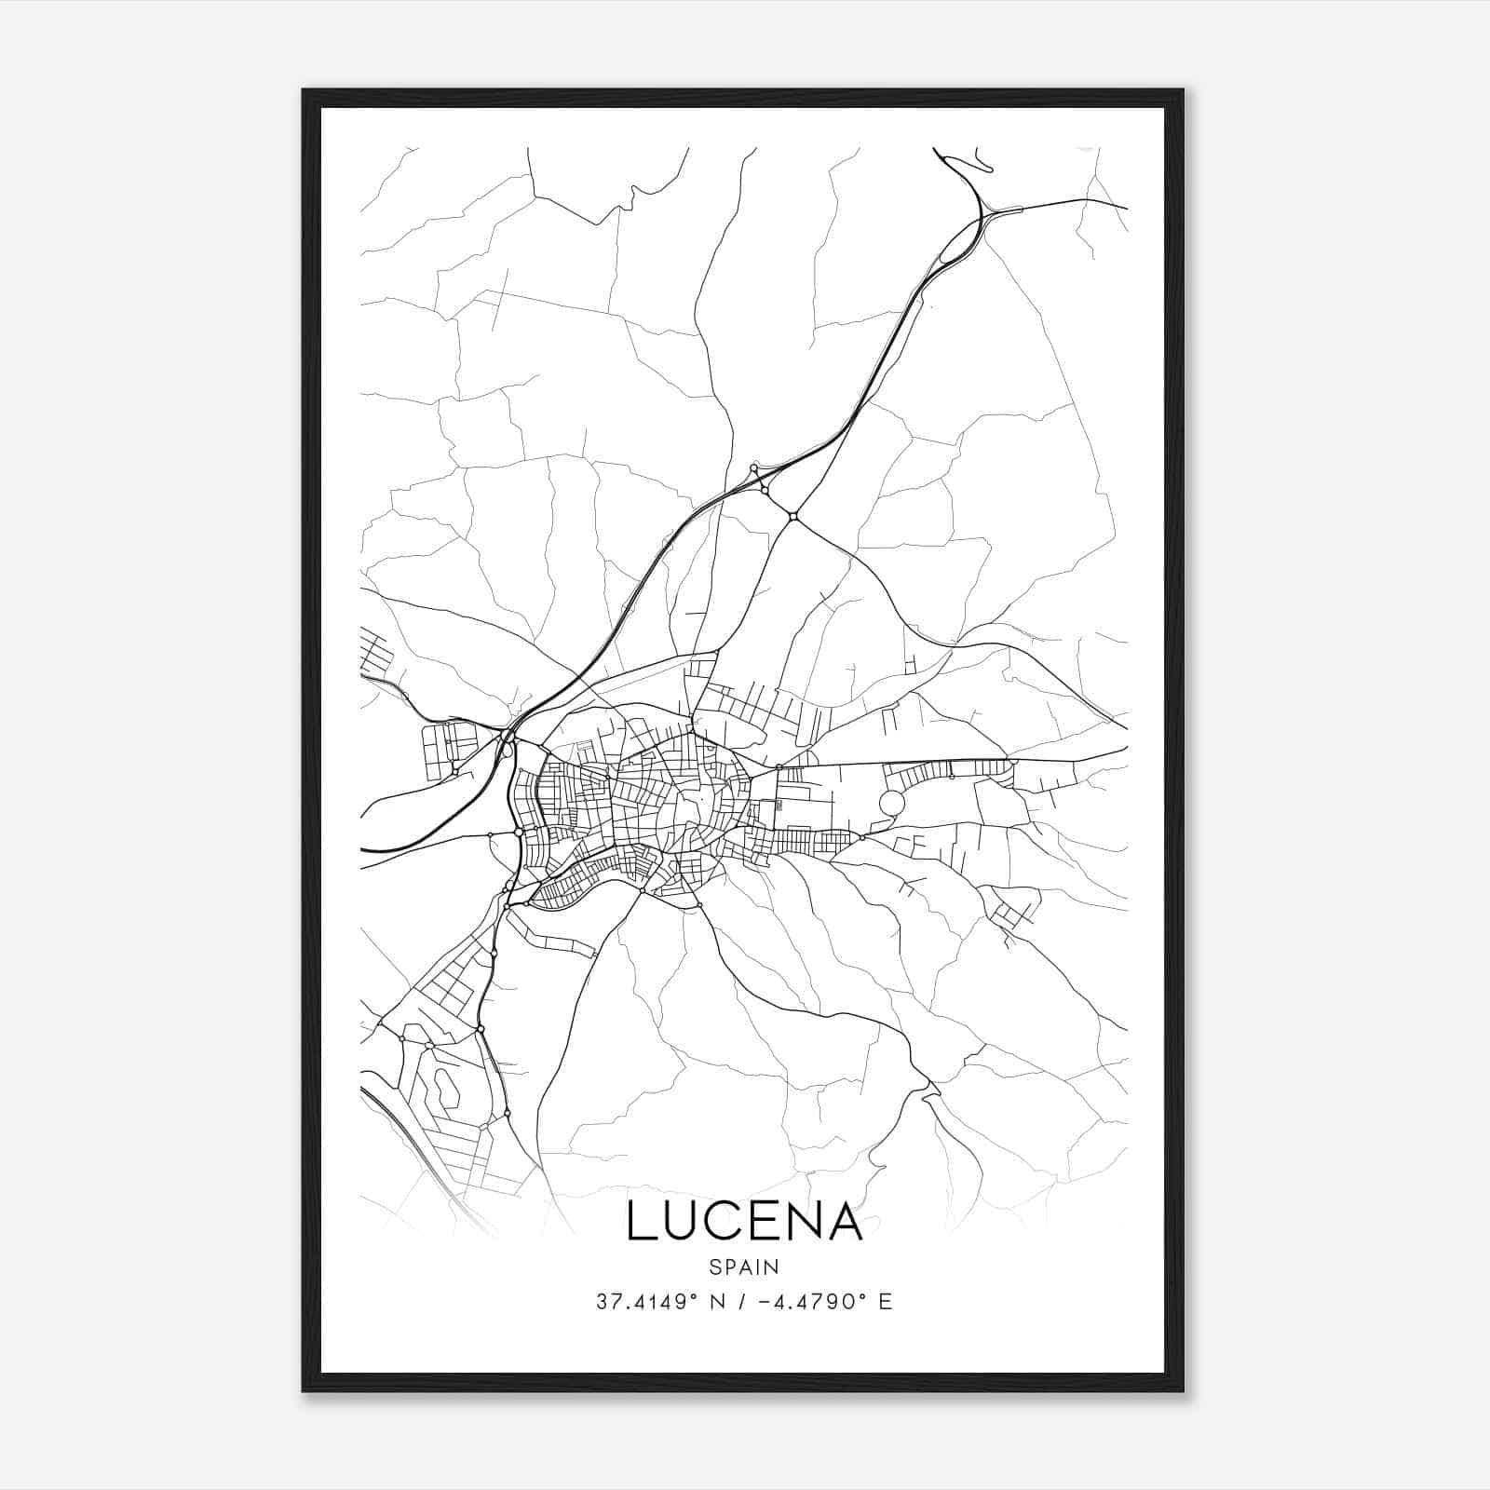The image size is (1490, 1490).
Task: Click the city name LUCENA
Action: click(744, 1222)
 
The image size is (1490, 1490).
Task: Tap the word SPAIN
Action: click(744, 1266)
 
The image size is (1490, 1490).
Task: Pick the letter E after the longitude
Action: click(886, 1302)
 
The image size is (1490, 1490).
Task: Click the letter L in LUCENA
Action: click(641, 1222)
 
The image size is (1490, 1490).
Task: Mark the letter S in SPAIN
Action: click(714, 1266)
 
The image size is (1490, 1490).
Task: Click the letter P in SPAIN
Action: click(728, 1266)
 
